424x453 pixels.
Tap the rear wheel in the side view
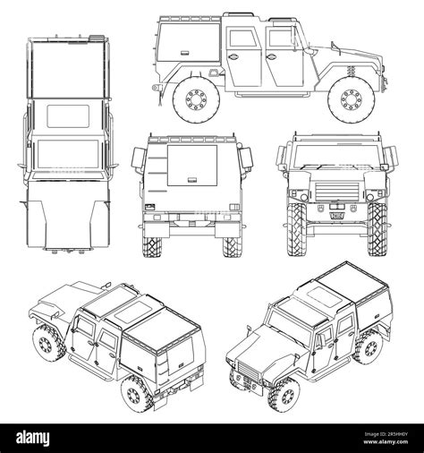[195, 100]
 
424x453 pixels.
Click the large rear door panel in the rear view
[192, 167]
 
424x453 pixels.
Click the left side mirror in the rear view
[137, 159]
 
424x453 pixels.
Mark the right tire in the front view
[378, 232]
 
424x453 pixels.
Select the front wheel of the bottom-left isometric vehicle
[44, 341]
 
